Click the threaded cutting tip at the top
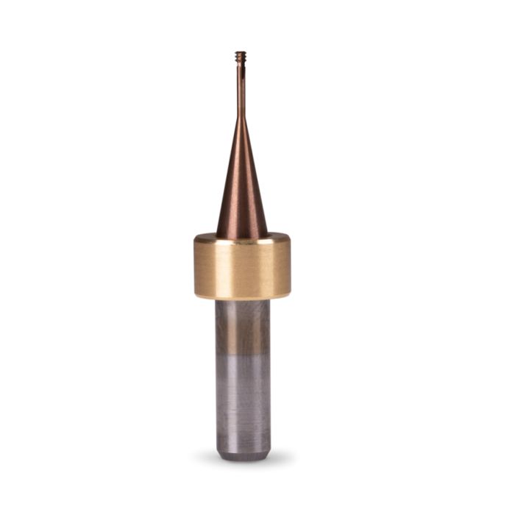(x=241, y=55)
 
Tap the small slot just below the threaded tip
(x=241, y=65)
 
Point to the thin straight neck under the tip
(x=241, y=88)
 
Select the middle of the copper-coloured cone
(x=241, y=184)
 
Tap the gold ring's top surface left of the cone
(x=206, y=238)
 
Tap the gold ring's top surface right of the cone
(x=277, y=238)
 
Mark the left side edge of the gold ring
(x=195, y=266)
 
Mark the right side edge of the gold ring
(x=289, y=266)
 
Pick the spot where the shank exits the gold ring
(x=242, y=301)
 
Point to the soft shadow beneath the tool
(x=242, y=464)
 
